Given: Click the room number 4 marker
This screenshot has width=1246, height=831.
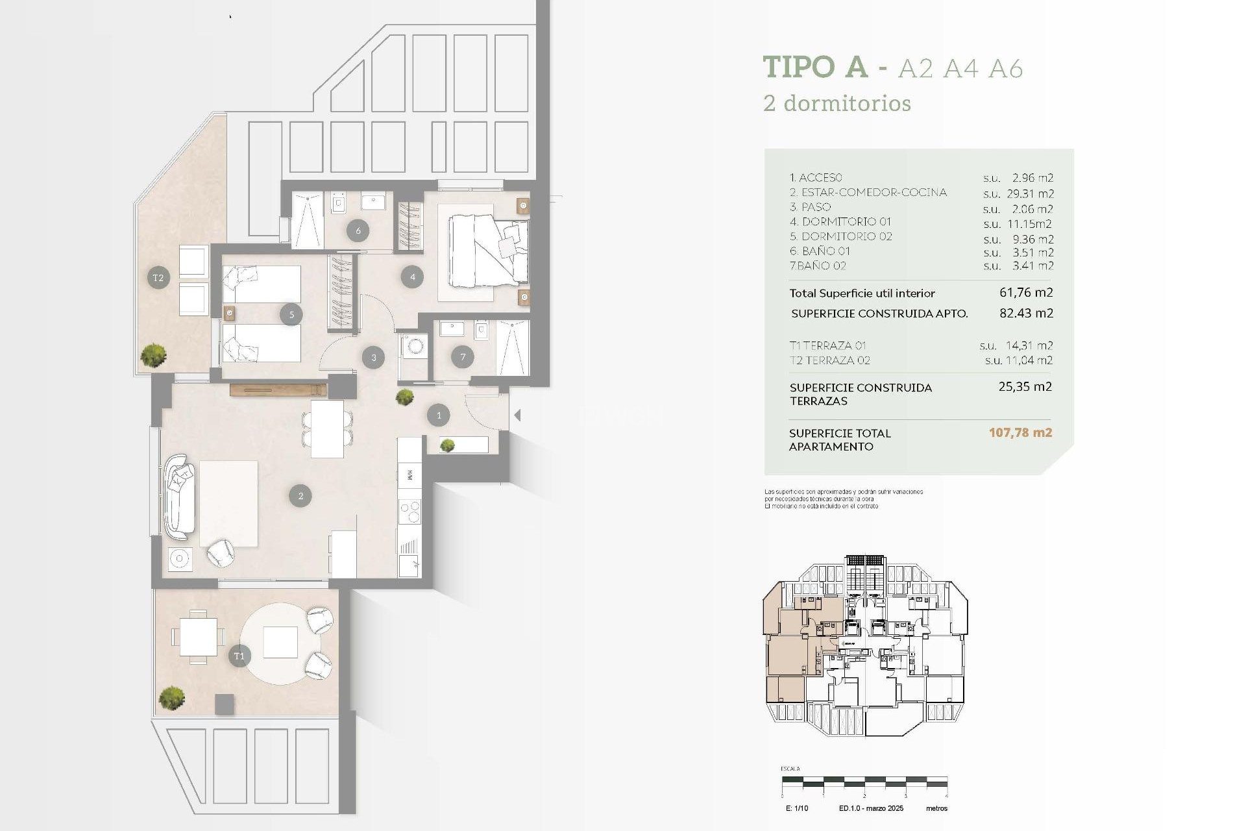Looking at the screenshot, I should point(412,277).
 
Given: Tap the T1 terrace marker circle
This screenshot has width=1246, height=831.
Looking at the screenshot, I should point(239,656).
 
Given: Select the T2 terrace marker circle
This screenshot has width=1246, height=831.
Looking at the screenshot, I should point(158,278).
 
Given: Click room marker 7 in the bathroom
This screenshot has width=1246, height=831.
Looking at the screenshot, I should point(463,356).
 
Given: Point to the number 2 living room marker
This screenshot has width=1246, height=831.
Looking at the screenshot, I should point(300,496).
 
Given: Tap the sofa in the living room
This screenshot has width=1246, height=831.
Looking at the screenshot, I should point(178,497).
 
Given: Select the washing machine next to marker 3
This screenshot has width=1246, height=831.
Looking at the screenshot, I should point(415,347).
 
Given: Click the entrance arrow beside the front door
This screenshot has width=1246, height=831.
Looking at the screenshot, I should point(517,414).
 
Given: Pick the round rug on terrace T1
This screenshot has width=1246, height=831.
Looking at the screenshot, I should point(280,643).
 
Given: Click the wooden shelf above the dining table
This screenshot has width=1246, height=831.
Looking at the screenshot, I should point(278,390).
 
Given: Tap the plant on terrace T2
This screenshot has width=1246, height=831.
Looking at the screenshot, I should point(154,355).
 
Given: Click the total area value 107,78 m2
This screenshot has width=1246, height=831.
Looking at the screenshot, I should point(1020,432).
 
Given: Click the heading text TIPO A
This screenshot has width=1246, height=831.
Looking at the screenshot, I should point(815,67).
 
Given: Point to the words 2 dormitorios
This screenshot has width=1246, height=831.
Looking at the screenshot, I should point(837,103).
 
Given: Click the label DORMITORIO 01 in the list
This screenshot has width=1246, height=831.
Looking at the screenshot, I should point(840,222).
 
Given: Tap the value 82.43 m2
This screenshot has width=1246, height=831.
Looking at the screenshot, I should point(1026,313).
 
